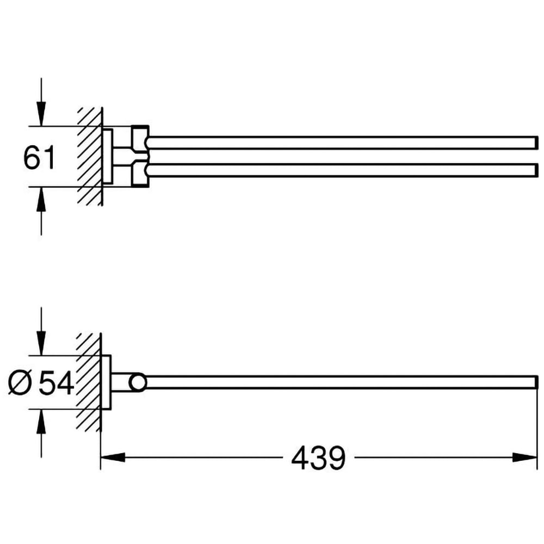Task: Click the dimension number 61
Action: (x=40, y=158)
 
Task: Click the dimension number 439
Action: (x=318, y=458)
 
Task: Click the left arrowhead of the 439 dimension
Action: (x=112, y=458)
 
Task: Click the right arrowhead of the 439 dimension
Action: (x=527, y=458)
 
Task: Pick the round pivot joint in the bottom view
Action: (x=138, y=382)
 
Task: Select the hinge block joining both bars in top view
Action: (x=139, y=156)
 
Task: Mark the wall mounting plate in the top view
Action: (x=108, y=156)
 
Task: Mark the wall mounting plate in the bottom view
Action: (x=107, y=382)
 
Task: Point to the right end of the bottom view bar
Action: (x=535, y=382)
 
